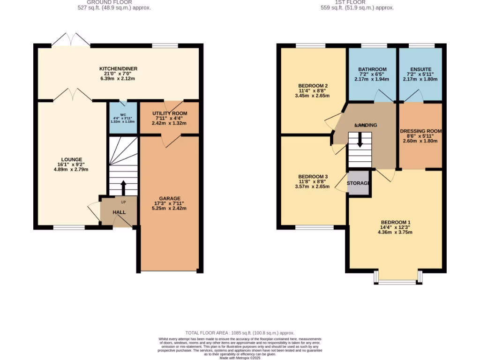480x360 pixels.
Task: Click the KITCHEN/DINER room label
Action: pos(118,69)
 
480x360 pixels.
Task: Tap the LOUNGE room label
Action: pos(71,159)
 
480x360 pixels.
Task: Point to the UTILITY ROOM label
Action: pos(169,113)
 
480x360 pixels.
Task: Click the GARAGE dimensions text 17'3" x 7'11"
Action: pos(169,203)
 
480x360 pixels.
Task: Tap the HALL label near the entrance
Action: pos(119,212)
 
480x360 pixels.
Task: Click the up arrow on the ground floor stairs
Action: pos(124,187)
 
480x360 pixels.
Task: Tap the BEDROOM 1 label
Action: pos(396,222)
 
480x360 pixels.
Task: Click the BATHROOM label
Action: pos(372,69)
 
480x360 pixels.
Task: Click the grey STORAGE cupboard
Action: pos(359,183)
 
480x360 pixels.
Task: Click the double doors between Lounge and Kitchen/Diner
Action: pos(72,95)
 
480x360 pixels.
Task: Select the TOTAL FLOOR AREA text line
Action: pos(240,333)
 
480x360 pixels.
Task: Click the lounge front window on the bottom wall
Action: pos(69,227)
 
